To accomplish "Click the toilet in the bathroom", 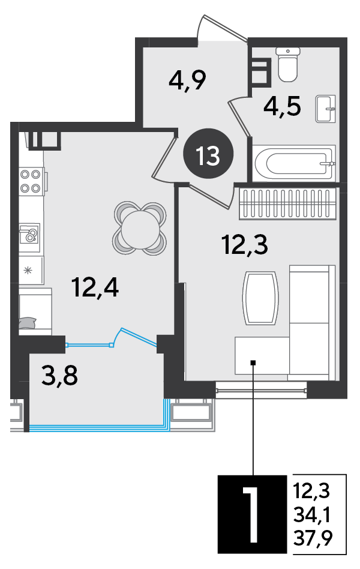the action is coord(288,64).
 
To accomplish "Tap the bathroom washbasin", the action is coord(325,109).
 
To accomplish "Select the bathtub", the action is coord(295,163).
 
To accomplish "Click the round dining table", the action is coord(140,229).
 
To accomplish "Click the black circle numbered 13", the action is coord(208,155).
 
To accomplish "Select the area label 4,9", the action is coord(187,80).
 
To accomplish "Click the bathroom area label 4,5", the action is coord(283,106).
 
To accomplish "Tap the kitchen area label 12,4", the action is coord(95,287).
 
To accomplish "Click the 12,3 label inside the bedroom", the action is coord(245,244).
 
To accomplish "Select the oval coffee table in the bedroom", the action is coord(260,298).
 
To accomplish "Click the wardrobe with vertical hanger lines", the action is coord(287,204).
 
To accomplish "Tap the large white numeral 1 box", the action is coord(253,514).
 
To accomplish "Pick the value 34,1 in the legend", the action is coord(312,514).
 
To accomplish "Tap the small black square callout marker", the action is coord(253,362).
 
